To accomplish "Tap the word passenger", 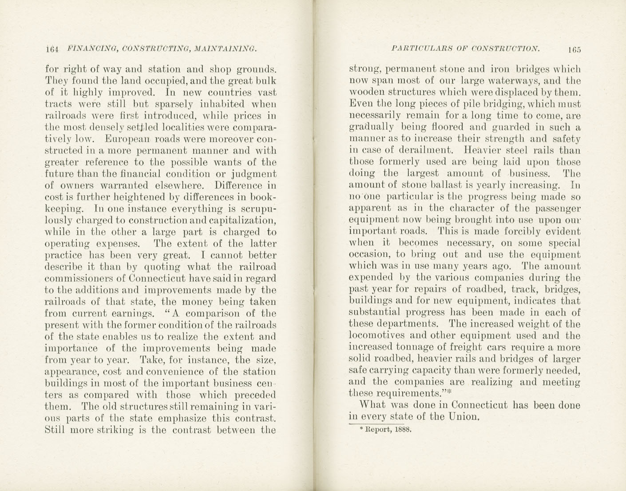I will [x=557, y=208].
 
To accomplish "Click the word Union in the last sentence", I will [x=464, y=417].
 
